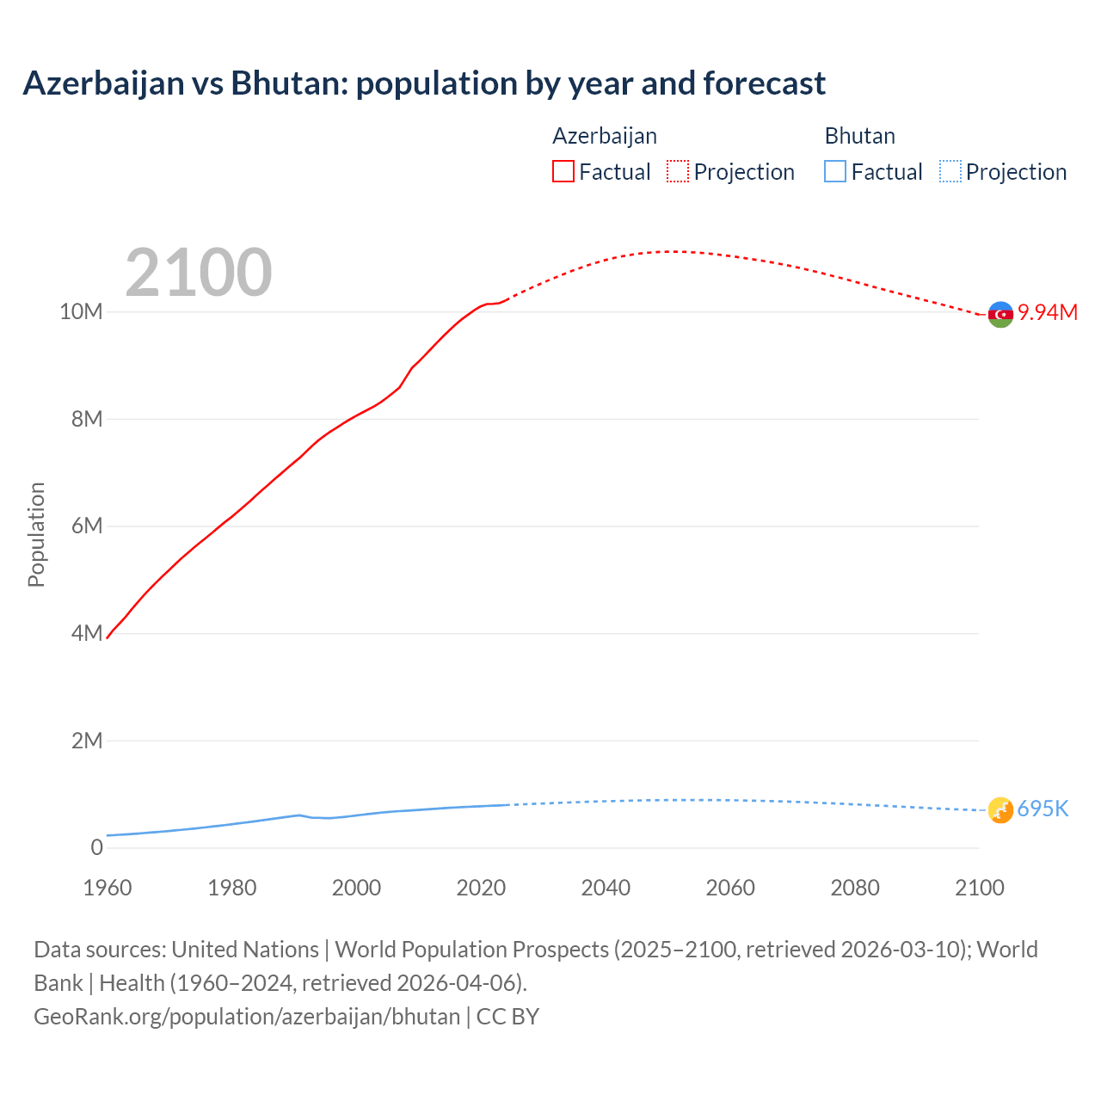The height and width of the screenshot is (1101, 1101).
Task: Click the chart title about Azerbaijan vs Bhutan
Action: point(424,83)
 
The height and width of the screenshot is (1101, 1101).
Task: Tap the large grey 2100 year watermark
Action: point(199,273)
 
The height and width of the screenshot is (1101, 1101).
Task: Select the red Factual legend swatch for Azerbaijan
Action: point(563,172)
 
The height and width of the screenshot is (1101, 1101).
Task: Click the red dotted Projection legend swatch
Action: point(678,172)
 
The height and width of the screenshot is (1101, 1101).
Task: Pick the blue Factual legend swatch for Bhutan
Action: point(835,172)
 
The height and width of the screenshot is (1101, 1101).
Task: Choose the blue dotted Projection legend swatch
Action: point(950,172)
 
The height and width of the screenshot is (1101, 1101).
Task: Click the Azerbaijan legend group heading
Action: point(605,136)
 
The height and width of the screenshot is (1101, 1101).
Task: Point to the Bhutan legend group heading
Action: point(859,136)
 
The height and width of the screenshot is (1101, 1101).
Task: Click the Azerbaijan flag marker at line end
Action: point(1000,315)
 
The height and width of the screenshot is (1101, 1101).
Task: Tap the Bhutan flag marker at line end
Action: point(1000,809)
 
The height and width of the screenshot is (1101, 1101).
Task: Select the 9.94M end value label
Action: point(1048,312)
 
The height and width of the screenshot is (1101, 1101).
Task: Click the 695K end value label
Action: point(1043,809)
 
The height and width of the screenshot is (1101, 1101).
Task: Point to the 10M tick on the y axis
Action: point(81,311)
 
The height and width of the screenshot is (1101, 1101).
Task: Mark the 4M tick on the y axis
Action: point(87,633)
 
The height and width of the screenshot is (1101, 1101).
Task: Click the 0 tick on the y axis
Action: point(96,847)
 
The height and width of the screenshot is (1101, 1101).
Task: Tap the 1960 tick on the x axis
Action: point(108,888)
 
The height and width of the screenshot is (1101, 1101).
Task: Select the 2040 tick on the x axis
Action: point(606,888)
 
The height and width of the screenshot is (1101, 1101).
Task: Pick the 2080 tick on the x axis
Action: point(855,888)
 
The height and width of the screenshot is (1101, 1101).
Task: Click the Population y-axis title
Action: point(36,534)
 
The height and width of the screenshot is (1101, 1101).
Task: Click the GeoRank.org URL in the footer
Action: point(247,1016)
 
